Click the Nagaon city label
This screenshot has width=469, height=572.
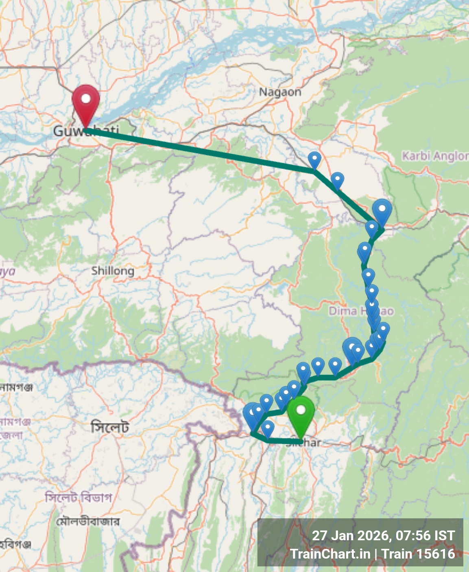(280, 92)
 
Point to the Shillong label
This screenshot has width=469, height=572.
(113, 271)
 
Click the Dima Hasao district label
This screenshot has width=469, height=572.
(361, 311)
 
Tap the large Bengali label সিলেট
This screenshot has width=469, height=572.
(110, 427)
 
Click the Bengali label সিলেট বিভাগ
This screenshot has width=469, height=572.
(78, 497)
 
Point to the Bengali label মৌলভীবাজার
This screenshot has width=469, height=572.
(88, 521)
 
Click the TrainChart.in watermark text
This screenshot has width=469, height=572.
(330, 554)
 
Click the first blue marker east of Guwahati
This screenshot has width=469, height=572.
(314, 159)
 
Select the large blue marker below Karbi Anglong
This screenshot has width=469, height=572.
(382, 211)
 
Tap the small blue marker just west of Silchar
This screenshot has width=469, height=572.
(268, 428)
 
